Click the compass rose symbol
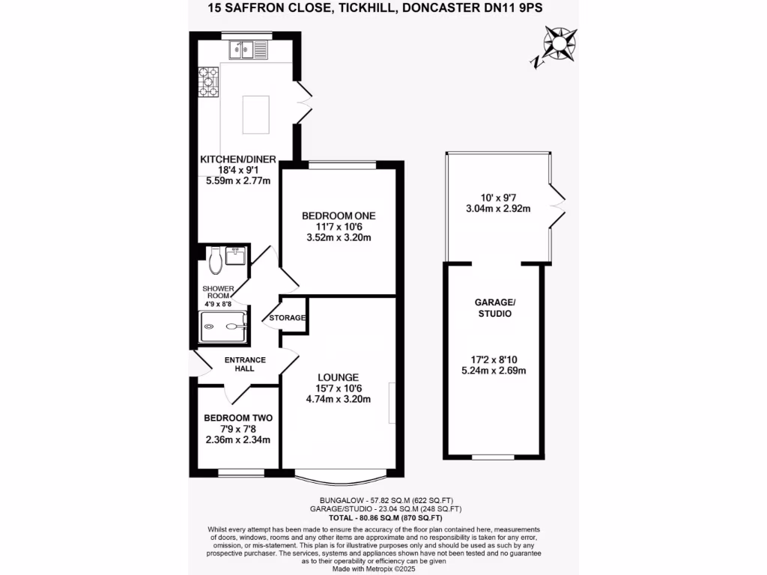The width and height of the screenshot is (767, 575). (558, 44)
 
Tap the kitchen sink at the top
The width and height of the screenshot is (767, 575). (248, 51)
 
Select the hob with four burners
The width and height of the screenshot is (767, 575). (208, 82)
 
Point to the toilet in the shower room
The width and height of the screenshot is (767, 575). (216, 259)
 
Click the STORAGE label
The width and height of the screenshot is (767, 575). (288, 318)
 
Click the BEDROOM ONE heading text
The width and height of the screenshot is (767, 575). (339, 216)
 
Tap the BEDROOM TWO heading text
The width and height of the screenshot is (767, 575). (238, 418)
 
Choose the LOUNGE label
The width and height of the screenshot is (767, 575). (338, 377)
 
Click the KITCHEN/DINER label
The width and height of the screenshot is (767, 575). (238, 159)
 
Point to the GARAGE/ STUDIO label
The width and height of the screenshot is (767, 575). (494, 308)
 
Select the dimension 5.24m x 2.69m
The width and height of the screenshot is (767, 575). (494, 370)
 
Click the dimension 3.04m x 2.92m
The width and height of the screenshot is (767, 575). (497, 208)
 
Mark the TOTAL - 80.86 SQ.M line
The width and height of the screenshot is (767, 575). (385, 518)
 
